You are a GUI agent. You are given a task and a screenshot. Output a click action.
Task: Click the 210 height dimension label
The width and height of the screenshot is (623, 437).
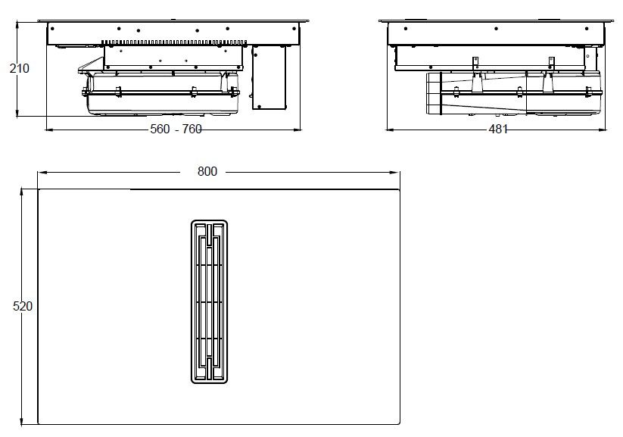pyautogui.click(x=19, y=69)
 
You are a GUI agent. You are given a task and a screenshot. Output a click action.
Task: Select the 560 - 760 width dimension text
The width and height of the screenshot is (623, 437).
pyautogui.click(x=176, y=130)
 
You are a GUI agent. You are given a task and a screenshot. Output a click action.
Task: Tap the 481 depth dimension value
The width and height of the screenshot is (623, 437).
pyautogui.click(x=497, y=130)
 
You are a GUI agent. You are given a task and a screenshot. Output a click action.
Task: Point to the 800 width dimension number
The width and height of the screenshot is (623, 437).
pyautogui.click(x=207, y=171)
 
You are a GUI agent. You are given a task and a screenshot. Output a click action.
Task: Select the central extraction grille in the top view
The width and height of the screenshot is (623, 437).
pyautogui.click(x=208, y=301)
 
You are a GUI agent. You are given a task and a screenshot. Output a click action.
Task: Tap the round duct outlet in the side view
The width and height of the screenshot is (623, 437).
pyautogui.click(x=435, y=95)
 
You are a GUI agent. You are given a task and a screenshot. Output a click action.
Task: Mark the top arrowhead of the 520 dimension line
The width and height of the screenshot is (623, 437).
pyautogui.click(x=23, y=192)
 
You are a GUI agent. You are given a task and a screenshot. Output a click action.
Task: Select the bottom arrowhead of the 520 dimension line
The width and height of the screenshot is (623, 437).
pyautogui.click(x=23, y=421)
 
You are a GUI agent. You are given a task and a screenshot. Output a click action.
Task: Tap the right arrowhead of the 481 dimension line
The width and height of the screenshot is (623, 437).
pyautogui.click(x=603, y=130)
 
